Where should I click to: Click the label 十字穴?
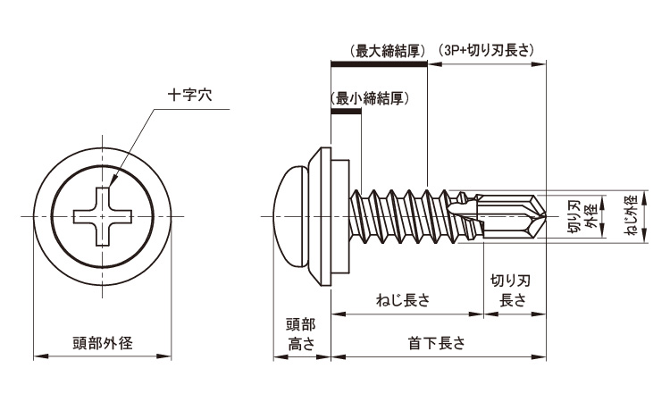coord(189,95)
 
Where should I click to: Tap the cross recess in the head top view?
coord(103,216)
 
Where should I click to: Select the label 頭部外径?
coord(103,343)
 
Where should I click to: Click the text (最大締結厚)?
coord(388,51)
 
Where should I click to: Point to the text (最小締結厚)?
coord(370,98)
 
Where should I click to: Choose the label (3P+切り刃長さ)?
coord(486,51)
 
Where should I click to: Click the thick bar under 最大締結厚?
coord(380,64)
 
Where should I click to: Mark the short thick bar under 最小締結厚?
coord(347,112)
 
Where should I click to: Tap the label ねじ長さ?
coord(404,300)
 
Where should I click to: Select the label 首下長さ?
coord(437,343)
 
